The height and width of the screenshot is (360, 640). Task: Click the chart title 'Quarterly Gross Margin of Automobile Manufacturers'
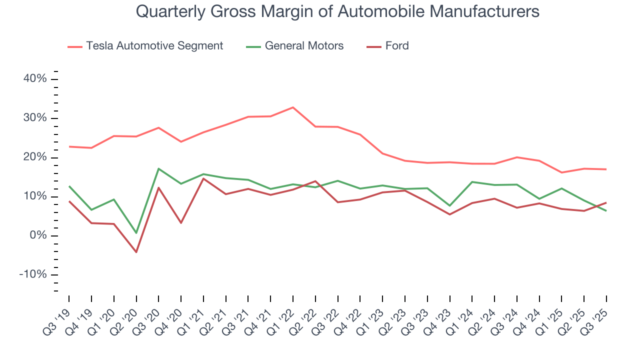(337, 11)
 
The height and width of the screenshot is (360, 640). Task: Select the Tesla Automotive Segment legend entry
(154, 46)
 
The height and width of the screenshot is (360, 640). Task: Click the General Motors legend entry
(304, 46)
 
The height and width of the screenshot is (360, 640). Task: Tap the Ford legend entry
(396, 46)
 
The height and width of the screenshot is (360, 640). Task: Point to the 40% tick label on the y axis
(34, 79)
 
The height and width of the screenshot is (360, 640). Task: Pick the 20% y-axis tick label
(34, 157)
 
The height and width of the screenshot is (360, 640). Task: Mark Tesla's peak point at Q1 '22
(293, 107)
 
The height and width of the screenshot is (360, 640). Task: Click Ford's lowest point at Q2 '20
(136, 252)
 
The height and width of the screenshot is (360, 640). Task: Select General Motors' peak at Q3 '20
(158, 168)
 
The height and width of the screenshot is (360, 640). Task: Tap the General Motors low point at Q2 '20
(136, 233)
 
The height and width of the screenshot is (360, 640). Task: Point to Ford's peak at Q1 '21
(203, 178)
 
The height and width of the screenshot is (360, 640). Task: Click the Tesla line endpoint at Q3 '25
(606, 169)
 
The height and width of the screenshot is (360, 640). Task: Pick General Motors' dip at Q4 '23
(449, 205)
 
